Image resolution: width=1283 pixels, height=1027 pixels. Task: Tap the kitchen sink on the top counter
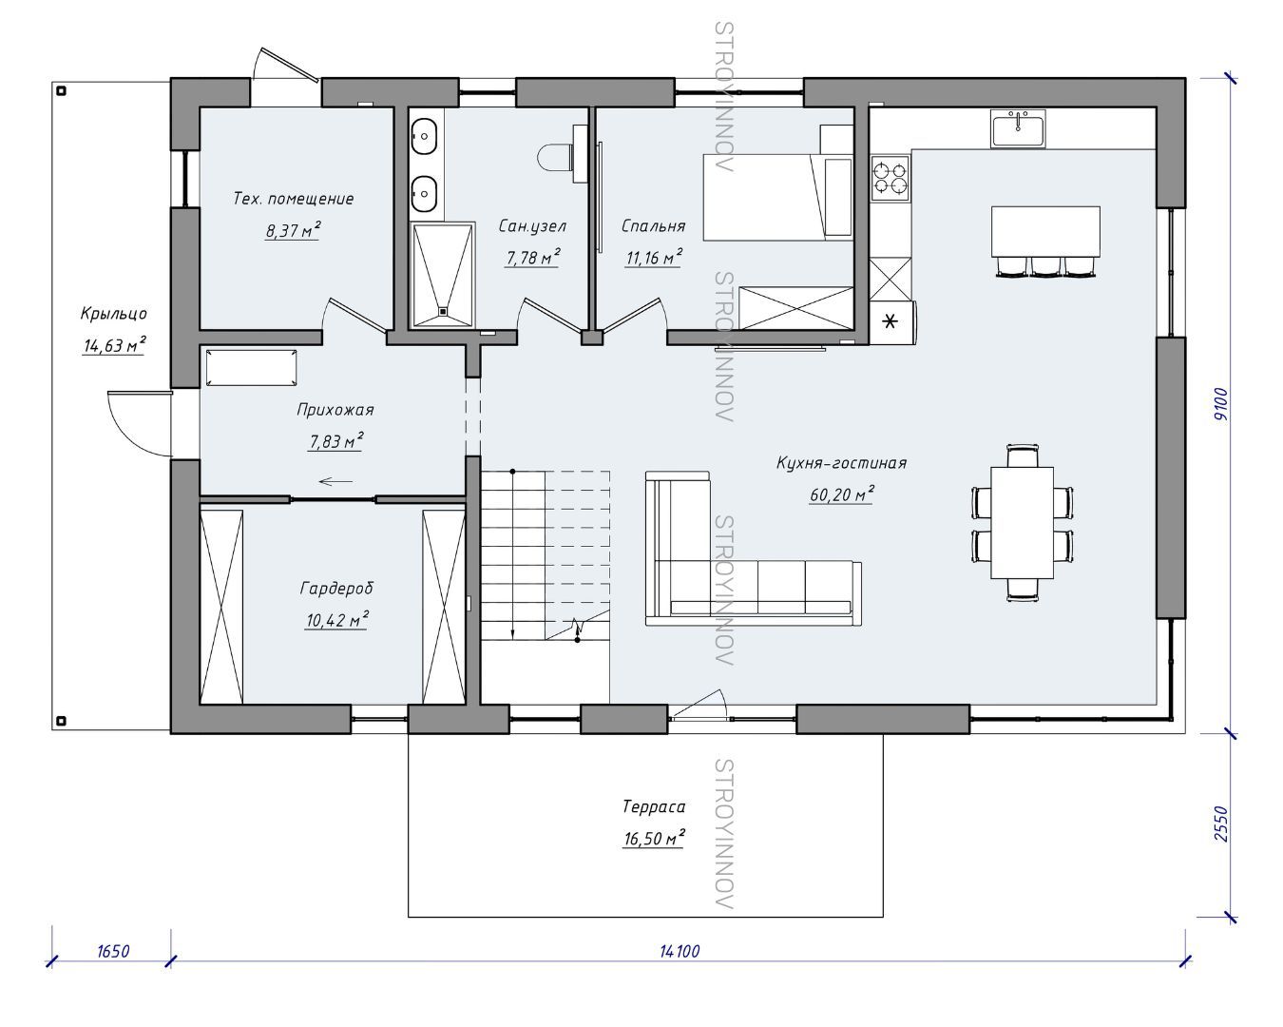tap(1018, 128)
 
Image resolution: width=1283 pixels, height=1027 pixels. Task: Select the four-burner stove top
tap(890, 178)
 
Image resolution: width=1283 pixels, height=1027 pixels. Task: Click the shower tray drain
tap(443, 310)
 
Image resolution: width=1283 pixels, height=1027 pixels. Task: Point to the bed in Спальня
tap(778, 197)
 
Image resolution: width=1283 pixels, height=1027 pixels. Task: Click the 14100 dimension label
tap(680, 951)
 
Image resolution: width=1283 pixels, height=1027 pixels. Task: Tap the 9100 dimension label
tap(1221, 404)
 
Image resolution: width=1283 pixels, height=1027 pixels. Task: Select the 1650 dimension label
tap(113, 951)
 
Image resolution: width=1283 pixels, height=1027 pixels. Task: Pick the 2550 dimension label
tap(1221, 824)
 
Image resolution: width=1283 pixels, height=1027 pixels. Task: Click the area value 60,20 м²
tap(841, 494)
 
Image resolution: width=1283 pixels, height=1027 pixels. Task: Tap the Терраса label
tap(654, 806)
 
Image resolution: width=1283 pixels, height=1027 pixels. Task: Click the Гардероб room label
tap(336, 589)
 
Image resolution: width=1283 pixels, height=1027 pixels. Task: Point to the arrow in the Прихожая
tap(335, 481)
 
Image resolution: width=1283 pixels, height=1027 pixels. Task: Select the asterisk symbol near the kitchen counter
tap(890, 322)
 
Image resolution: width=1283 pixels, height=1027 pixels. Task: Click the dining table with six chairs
tap(1022, 523)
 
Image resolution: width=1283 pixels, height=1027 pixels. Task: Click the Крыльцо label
tap(113, 314)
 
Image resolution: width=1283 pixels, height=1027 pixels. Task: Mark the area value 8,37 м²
tap(293, 230)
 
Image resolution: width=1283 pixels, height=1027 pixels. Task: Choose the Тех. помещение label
tap(293, 199)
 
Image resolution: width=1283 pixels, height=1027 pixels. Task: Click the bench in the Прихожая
tap(251, 368)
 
